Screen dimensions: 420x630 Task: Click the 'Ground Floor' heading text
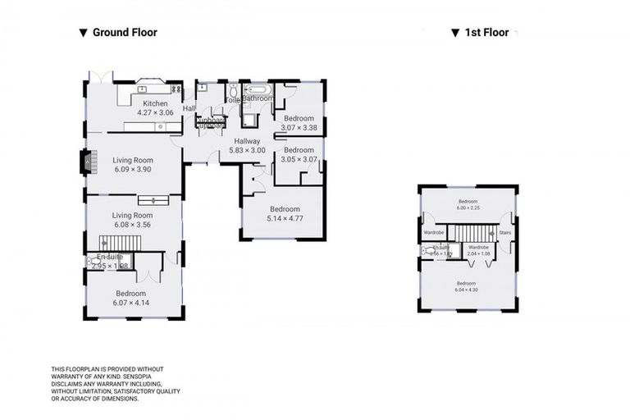(125, 33)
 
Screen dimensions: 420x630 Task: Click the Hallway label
(247, 141)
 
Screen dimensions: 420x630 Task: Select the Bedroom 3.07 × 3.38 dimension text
(299, 127)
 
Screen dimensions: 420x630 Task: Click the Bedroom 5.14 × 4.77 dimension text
(285, 218)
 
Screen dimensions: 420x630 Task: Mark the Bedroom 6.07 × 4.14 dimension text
(130, 303)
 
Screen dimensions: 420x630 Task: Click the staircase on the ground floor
(121, 242)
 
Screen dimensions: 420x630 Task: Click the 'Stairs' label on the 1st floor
(505, 232)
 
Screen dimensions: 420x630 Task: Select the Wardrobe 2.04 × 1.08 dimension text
(478, 254)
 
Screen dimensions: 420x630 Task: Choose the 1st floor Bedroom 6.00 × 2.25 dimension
(468, 208)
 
